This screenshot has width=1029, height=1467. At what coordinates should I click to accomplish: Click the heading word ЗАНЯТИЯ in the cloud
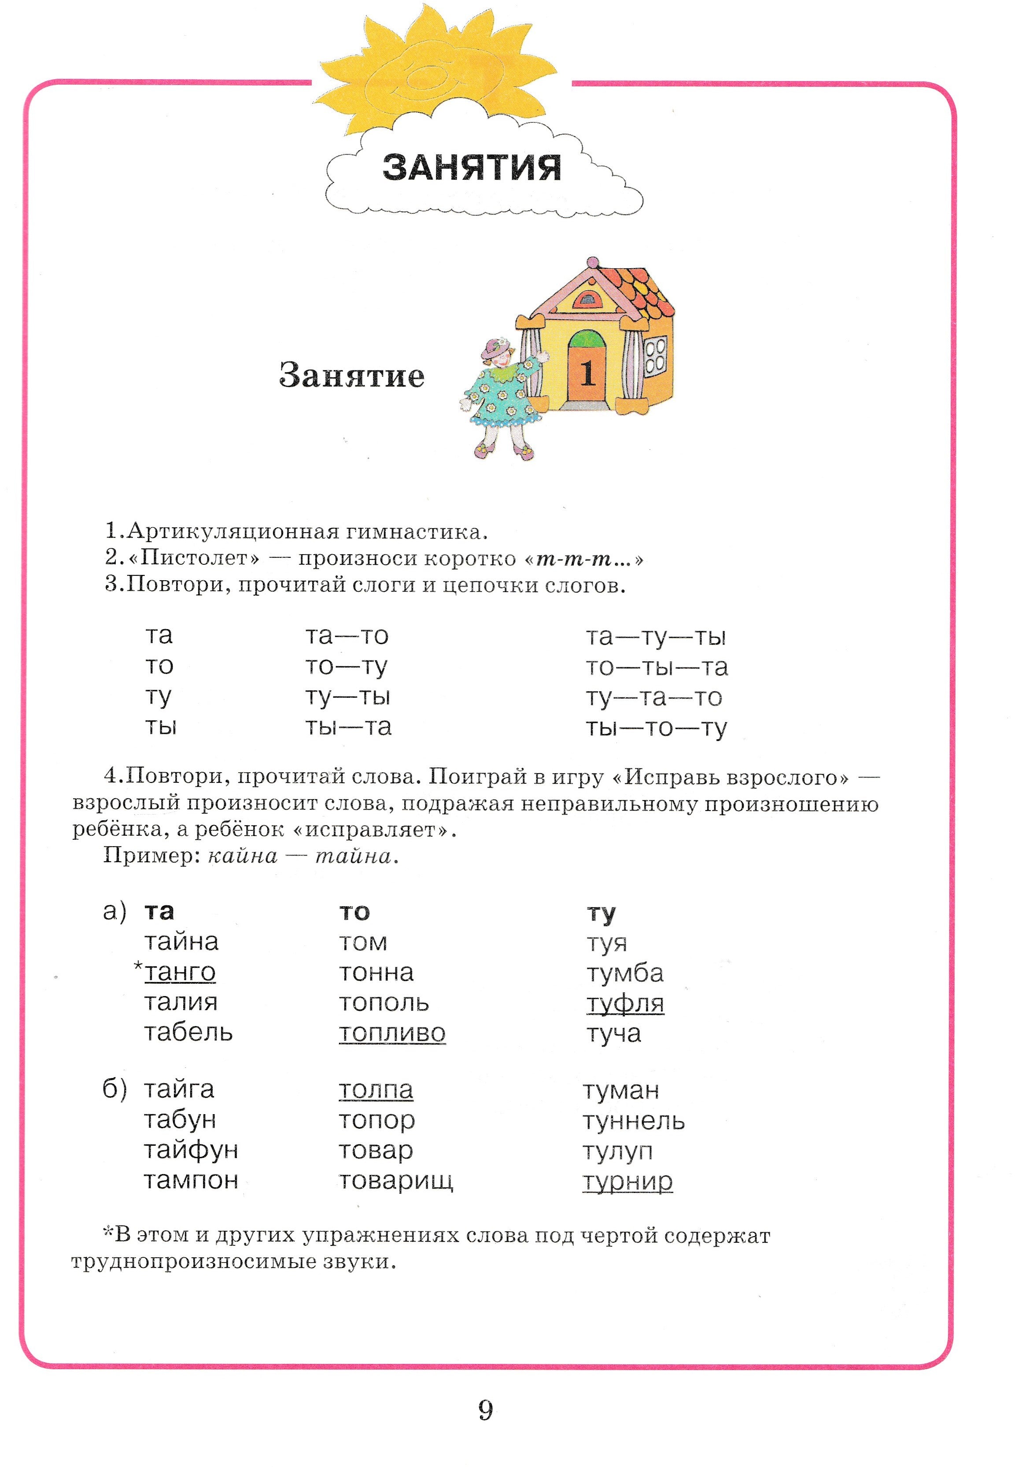coord(472,167)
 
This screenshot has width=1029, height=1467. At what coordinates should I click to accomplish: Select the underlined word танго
coord(180,972)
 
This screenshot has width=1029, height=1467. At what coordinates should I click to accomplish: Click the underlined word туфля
coord(625,1003)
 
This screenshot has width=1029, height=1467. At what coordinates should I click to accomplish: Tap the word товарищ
coord(396,1180)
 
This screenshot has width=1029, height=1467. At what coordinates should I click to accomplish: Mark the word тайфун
coord(191,1150)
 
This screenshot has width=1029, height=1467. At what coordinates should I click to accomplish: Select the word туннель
coord(634,1121)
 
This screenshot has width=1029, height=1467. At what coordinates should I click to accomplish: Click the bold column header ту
coord(601,912)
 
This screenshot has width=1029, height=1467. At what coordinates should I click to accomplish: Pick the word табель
coord(188,1033)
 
